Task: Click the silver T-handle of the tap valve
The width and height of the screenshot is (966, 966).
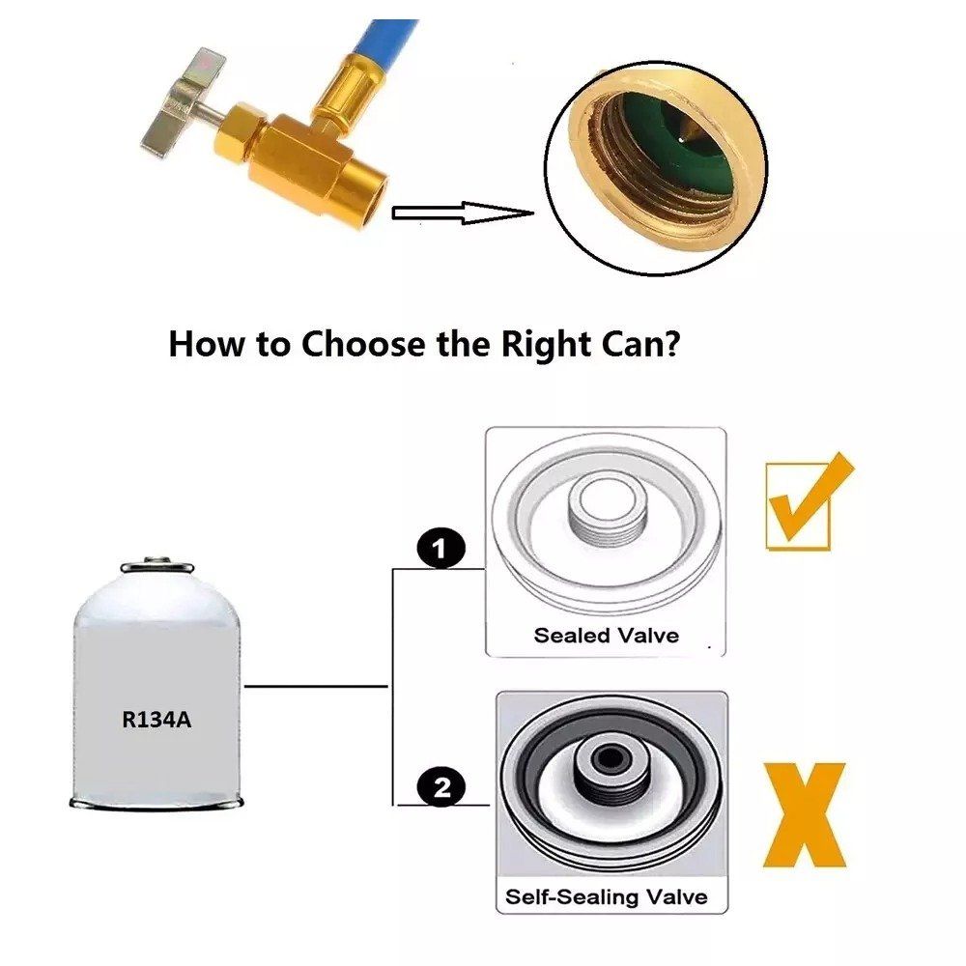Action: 185,101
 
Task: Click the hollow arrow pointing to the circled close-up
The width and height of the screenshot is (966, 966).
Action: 462,213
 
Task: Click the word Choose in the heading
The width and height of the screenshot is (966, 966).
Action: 363,344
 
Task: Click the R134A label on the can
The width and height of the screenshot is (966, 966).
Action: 156,719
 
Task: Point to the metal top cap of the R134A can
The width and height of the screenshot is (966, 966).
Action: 156,565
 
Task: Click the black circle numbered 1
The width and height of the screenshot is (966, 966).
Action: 441,548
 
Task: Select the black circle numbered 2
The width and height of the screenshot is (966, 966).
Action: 441,787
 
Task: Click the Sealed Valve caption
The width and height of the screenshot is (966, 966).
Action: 607,636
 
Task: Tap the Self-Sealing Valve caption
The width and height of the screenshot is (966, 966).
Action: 607,896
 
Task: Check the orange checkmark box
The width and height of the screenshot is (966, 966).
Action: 807,502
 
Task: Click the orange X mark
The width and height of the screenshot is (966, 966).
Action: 805,814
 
